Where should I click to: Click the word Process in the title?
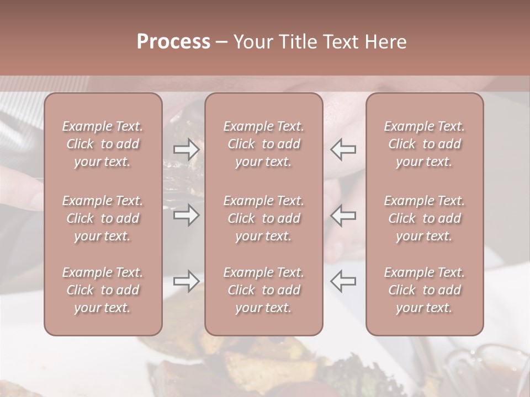[173, 42]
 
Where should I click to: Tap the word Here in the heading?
[386, 42]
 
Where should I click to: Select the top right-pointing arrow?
[186, 149]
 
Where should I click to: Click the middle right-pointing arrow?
[186, 215]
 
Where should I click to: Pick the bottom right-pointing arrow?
[186, 281]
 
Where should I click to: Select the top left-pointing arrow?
[343, 149]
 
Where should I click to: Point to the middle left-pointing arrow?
[343, 215]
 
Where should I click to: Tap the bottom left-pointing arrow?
[343, 281]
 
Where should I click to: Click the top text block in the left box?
[103, 144]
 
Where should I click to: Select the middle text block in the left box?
[103, 218]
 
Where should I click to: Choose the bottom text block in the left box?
[103, 290]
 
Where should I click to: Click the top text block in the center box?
[264, 144]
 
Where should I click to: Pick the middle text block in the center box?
[264, 218]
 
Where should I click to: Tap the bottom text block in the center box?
[264, 290]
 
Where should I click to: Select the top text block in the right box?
[425, 144]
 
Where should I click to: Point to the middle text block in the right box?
[425, 218]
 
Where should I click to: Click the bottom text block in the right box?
[425, 290]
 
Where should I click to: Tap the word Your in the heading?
[251, 42]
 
